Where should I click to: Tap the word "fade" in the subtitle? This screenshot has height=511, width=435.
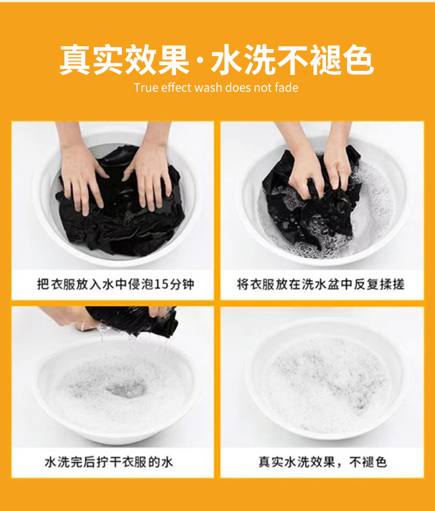pyautogui.click(x=286, y=88)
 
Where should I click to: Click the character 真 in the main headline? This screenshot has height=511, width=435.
pyautogui.click(x=75, y=60)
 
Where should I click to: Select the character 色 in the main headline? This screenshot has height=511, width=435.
pyautogui.click(x=358, y=60)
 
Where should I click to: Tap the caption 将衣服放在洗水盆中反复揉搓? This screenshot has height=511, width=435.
pyautogui.click(x=320, y=284)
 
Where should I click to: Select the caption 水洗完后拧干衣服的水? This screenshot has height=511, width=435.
pyautogui.click(x=108, y=462)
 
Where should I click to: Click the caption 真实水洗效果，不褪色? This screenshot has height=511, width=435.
pyautogui.click(x=323, y=462)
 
